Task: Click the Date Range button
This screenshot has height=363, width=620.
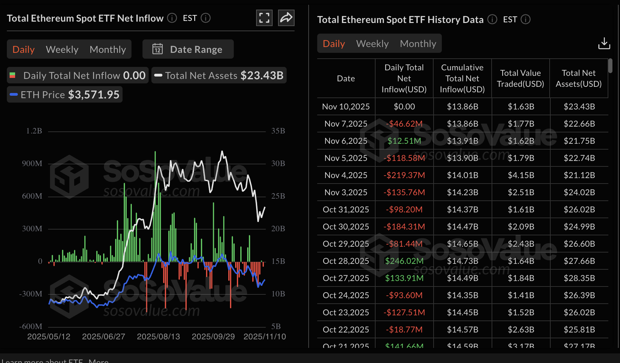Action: [x=188, y=49]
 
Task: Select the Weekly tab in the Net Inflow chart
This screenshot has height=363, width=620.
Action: [x=62, y=49]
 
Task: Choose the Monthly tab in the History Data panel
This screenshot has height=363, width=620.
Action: [x=418, y=44]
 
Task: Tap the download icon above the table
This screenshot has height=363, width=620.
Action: [x=604, y=44]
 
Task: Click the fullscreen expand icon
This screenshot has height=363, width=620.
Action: [x=264, y=18]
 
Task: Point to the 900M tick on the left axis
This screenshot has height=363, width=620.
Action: [x=32, y=163]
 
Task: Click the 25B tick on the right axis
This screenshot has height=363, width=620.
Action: [x=278, y=196]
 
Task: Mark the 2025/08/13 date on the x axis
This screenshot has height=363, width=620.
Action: [x=158, y=337]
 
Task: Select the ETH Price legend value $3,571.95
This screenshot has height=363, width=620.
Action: [x=94, y=95]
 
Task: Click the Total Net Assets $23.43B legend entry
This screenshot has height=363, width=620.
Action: [x=219, y=75]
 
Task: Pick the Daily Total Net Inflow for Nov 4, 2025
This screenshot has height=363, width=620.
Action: [x=404, y=175]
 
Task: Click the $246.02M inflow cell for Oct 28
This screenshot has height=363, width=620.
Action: [x=404, y=261]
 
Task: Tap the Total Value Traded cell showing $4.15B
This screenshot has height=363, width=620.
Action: [x=521, y=175]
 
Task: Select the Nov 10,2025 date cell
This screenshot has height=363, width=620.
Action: [x=346, y=107]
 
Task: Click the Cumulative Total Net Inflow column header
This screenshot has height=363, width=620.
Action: [x=462, y=79]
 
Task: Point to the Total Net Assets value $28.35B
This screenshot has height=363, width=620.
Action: [x=579, y=278]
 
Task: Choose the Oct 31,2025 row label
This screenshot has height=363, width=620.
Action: [x=346, y=210]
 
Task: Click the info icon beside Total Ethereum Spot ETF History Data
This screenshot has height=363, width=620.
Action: [x=492, y=20]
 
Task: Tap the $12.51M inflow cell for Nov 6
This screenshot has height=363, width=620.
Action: [x=404, y=141]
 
